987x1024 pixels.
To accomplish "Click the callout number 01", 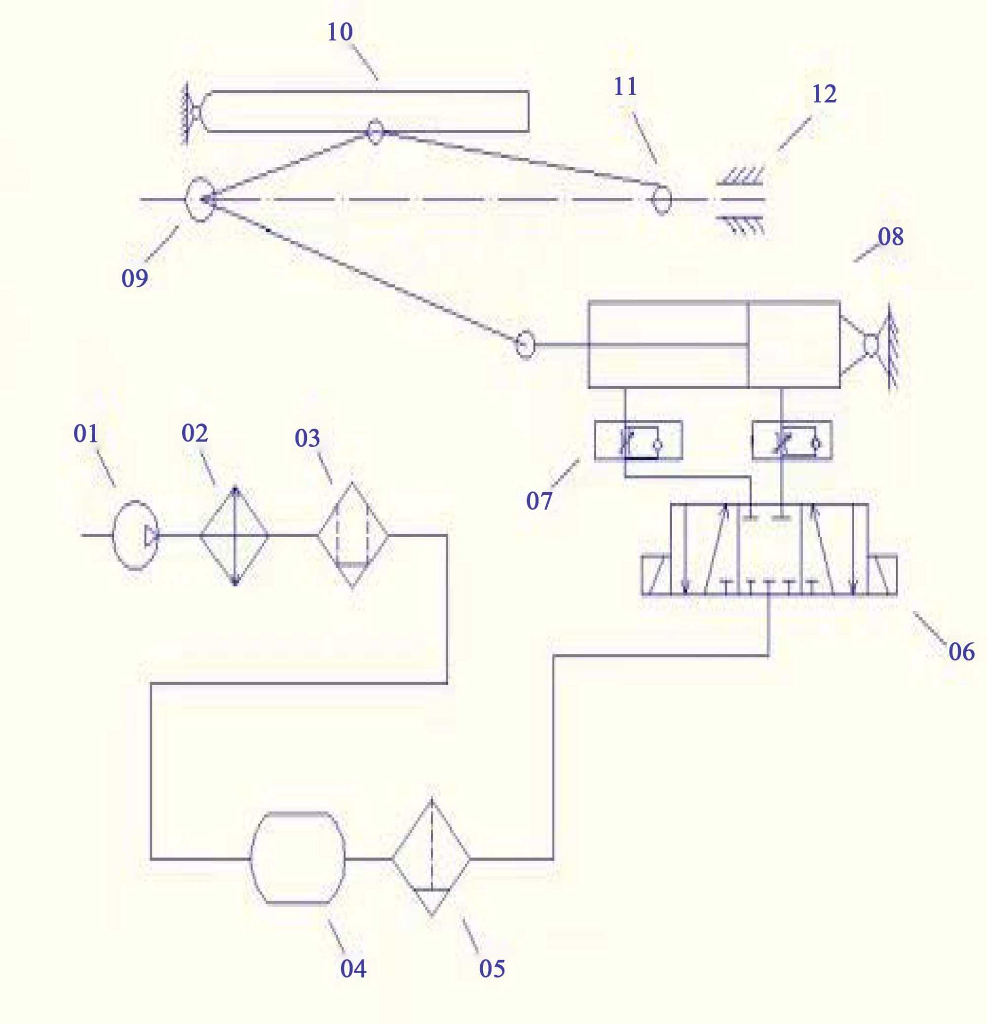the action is point(86,434).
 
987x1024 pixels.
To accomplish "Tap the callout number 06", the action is point(961,652).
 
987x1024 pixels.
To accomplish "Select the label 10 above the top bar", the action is point(340,33).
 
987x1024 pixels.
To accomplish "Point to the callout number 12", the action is point(824,94).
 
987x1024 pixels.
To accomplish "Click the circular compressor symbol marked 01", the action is point(135,535).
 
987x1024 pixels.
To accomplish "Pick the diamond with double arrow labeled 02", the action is point(235,536).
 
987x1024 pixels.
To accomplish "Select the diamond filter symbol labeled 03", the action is point(353,535).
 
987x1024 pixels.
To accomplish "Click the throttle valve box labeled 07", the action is point(638,440).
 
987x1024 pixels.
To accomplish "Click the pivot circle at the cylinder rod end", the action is point(525,345).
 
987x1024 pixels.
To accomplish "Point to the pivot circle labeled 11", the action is point(661,199).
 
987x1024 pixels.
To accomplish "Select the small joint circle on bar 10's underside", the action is point(376,132).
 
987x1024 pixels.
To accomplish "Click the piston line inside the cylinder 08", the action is point(749,345).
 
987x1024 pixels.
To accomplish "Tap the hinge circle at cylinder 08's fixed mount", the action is point(871,345).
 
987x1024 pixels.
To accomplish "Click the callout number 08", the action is point(890,237).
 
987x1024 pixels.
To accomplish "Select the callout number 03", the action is point(307,439).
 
